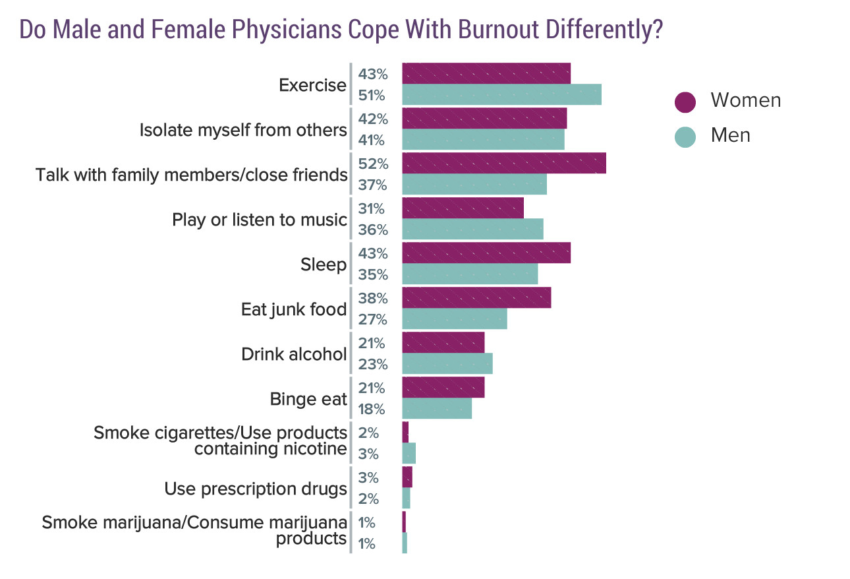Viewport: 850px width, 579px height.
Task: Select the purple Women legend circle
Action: pyautogui.click(x=685, y=102)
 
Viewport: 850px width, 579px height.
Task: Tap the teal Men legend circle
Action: pyautogui.click(x=685, y=137)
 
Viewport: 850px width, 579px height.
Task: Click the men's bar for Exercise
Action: pyautogui.click(x=501, y=95)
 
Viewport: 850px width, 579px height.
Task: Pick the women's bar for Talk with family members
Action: pyautogui.click(x=503, y=163)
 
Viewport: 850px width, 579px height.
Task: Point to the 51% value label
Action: pyautogui.click(x=372, y=96)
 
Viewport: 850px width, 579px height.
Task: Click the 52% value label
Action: pyautogui.click(x=372, y=164)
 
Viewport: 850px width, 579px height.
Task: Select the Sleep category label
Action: pyautogui.click(x=323, y=265)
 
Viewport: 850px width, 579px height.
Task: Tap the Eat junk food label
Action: pyautogui.click(x=294, y=309)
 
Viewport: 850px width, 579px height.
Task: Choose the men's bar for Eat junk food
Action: pyautogui.click(x=455, y=319)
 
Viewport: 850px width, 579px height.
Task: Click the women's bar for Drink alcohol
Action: pyautogui.click(x=443, y=342)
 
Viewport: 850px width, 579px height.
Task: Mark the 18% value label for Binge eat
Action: pyautogui.click(x=372, y=410)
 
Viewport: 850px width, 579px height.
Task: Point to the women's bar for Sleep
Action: pyautogui.click(x=486, y=253)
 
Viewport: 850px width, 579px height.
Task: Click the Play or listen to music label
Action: pyautogui.click(x=260, y=220)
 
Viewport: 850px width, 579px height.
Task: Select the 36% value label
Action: pyautogui.click(x=372, y=230)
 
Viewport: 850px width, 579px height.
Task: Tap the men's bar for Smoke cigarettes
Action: pyautogui.click(x=409, y=454)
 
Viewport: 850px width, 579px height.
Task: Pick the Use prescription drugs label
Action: pyautogui.click(x=256, y=489)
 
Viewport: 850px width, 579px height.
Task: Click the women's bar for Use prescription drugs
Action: pyautogui.click(x=407, y=477)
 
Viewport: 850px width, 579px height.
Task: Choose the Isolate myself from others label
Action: pyautogui.click(x=243, y=130)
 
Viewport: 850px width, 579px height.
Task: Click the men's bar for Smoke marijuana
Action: pyautogui.click(x=405, y=543)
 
